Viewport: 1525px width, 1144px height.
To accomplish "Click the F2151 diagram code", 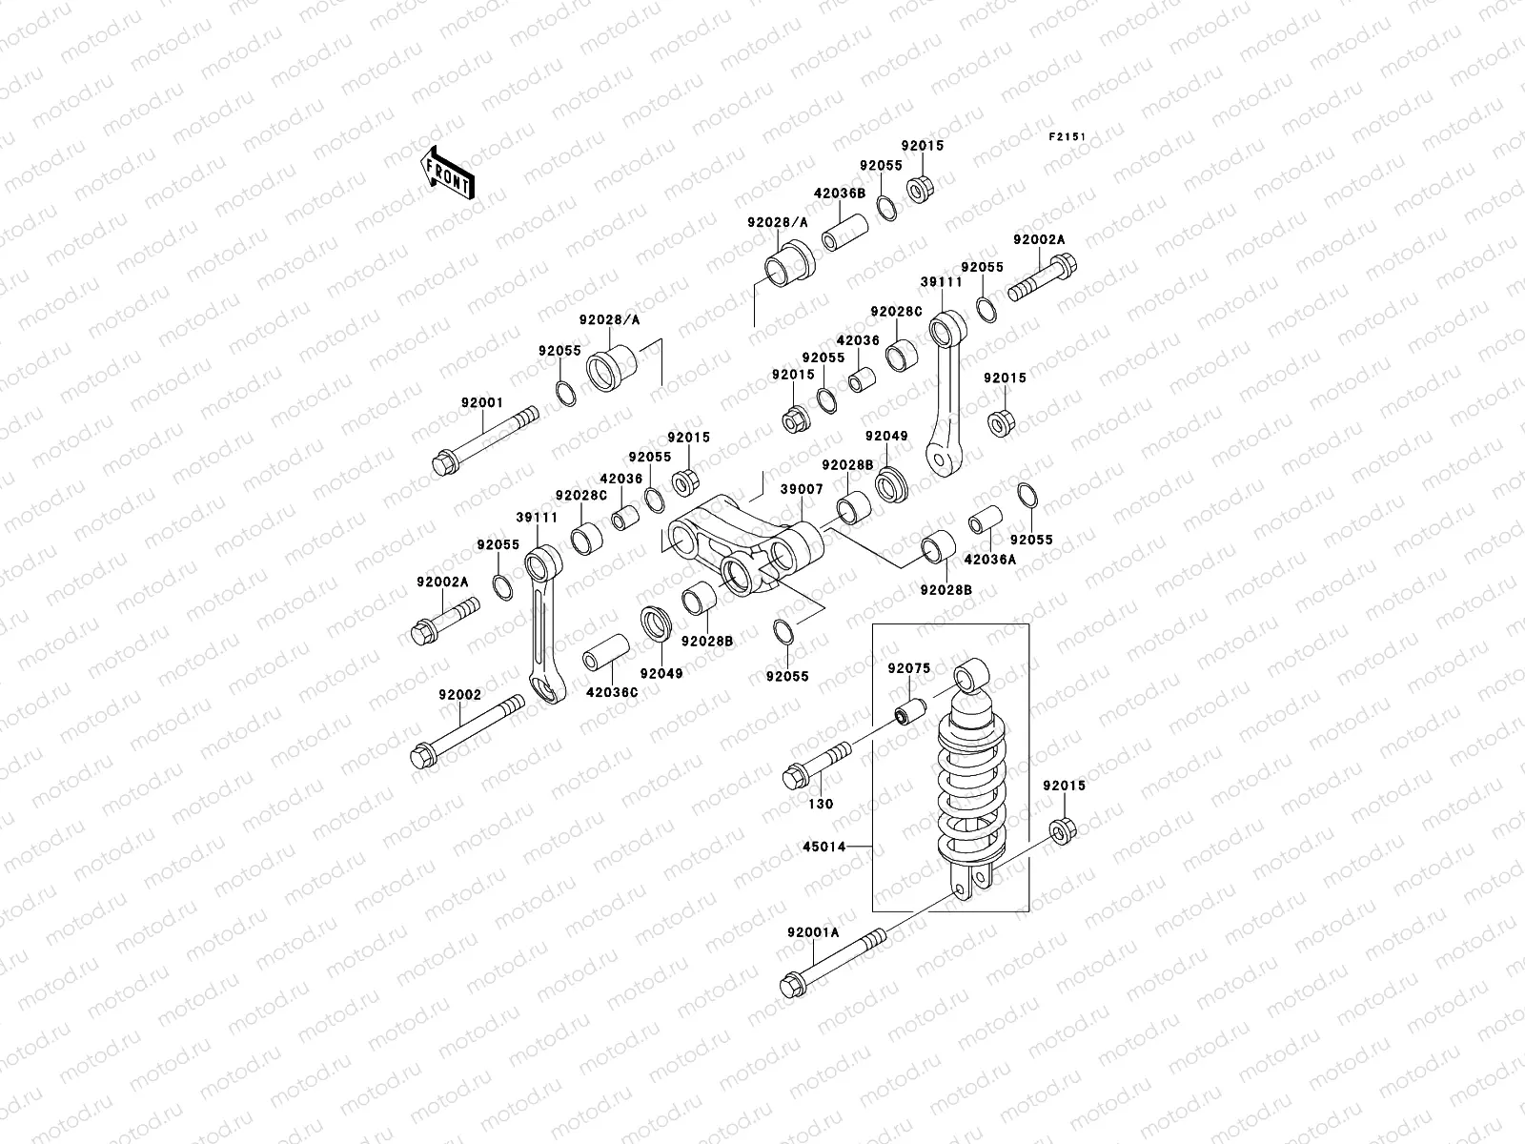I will click(x=1067, y=137).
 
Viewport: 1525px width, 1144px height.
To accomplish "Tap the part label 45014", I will click(x=823, y=846).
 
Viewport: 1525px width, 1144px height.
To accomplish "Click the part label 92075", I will click(x=908, y=669).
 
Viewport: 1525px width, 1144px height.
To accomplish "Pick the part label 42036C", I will click(x=611, y=692).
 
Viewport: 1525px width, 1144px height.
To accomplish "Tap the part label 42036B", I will click(x=839, y=193).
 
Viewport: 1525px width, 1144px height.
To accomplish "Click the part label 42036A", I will click(x=990, y=560).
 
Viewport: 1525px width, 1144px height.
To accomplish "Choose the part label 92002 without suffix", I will click(x=460, y=695).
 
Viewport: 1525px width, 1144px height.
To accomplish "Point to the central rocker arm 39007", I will click(x=743, y=553).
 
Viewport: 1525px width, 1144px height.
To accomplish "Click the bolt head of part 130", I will click(x=793, y=778).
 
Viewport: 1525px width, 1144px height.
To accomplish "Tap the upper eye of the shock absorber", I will click(x=970, y=675).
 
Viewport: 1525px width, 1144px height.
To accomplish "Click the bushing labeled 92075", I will click(x=910, y=712).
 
